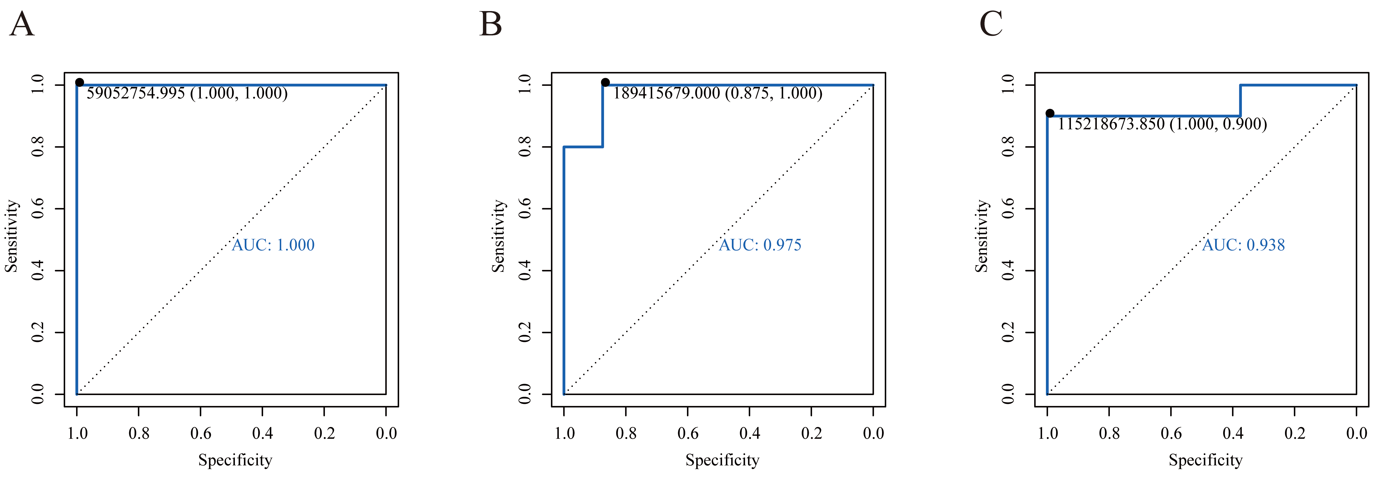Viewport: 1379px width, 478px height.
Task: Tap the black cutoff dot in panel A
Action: [x=79, y=83]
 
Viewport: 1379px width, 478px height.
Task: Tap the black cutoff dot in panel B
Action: [x=605, y=83]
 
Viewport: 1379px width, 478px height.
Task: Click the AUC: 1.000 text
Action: [x=273, y=245]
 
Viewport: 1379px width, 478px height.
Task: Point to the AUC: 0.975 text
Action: [x=760, y=245]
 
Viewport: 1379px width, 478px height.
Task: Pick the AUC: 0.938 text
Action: [x=1244, y=245]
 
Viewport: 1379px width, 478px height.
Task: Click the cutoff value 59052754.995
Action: [x=136, y=94]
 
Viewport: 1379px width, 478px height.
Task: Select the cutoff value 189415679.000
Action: [x=666, y=94]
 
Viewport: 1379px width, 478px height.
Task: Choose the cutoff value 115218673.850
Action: [x=1111, y=124]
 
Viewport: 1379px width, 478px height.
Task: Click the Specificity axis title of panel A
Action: [x=235, y=460]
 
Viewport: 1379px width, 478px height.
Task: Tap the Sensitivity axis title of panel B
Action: [x=498, y=236]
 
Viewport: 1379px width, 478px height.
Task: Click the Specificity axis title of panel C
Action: [x=1206, y=460]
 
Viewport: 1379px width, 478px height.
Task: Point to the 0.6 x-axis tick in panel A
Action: [x=201, y=433]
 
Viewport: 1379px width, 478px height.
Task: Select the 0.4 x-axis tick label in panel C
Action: [x=1233, y=433]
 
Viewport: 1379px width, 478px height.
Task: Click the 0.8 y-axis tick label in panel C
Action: [x=1007, y=147]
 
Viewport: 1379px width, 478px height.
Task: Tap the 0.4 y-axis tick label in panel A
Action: [x=37, y=270]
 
